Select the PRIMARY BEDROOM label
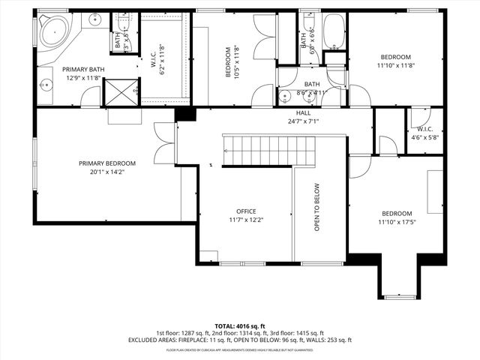pos(107,163)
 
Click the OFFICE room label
pos(246,211)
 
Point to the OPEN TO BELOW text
pos(317,208)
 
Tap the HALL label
pos(303,112)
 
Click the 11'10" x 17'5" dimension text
pos(395,222)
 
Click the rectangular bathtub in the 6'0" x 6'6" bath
pos(334,31)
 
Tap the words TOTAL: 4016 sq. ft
pos(240,326)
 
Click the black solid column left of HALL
pos(184,114)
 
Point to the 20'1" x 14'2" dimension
pos(107,172)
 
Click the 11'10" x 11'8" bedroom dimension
pos(395,66)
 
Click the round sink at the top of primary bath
pos(96,19)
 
